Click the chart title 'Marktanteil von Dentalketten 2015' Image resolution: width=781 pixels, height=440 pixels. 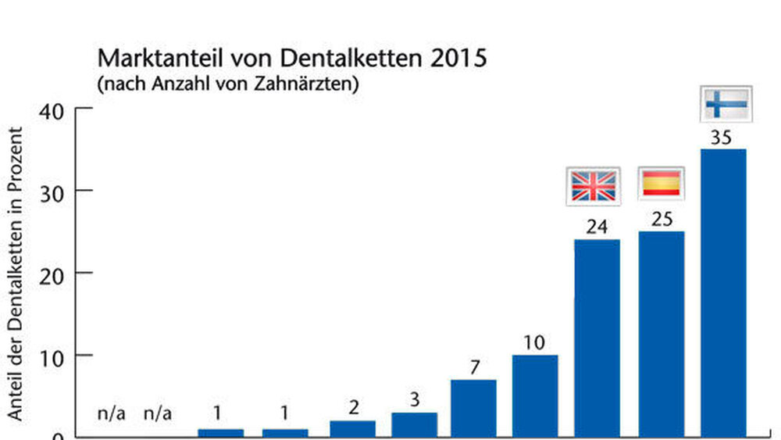click(x=291, y=59)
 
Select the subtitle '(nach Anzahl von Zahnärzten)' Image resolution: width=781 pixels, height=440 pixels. click(x=227, y=84)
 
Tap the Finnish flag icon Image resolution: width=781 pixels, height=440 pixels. click(x=726, y=103)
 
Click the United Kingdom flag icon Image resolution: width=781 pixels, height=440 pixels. click(x=594, y=186)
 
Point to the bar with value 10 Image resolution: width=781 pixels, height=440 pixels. click(x=535, y=395)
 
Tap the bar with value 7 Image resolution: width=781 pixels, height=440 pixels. click(x=473, y=407)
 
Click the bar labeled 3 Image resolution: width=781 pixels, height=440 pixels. click(x=414, y=424)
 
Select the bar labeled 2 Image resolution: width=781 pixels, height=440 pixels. click(x=352, y=428)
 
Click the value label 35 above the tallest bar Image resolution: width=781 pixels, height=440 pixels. click(x=722, y=138)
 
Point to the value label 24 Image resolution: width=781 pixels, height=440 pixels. click(x=597, y=227)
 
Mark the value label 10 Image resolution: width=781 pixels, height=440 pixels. click(x=535, y=343)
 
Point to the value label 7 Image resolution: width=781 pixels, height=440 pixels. click(x=473, y=367)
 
